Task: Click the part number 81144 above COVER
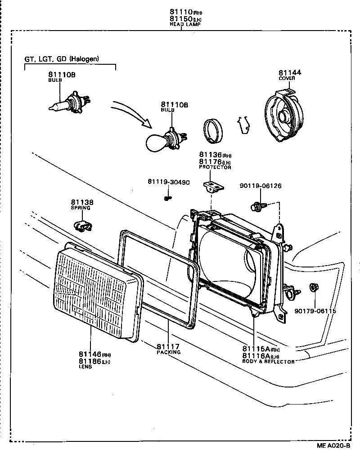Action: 290,73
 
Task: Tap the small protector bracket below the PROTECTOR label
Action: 213,186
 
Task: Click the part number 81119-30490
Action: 168,182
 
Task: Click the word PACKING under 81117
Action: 168,352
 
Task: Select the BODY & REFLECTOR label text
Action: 269,361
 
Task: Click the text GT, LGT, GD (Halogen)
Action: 62,58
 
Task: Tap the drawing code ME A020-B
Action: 333,446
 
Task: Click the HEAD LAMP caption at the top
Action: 182,24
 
